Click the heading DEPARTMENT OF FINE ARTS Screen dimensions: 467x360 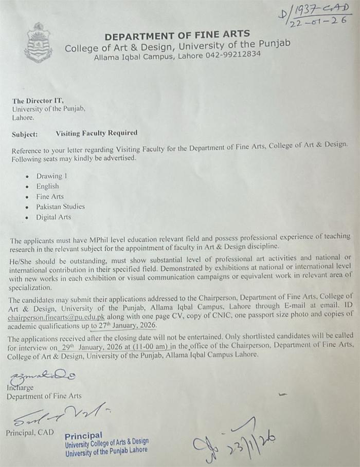(177, 36)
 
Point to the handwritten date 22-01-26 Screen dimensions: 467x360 (319, 22)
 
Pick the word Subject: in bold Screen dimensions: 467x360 (25, 133)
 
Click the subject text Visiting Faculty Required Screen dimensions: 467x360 (96, 133)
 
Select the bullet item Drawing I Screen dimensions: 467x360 (51, 176)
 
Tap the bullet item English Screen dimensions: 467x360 (47, 186)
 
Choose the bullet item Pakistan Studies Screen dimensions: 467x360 (60, 207)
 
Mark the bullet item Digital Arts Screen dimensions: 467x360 (53, 217)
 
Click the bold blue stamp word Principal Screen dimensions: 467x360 (83, 435)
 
